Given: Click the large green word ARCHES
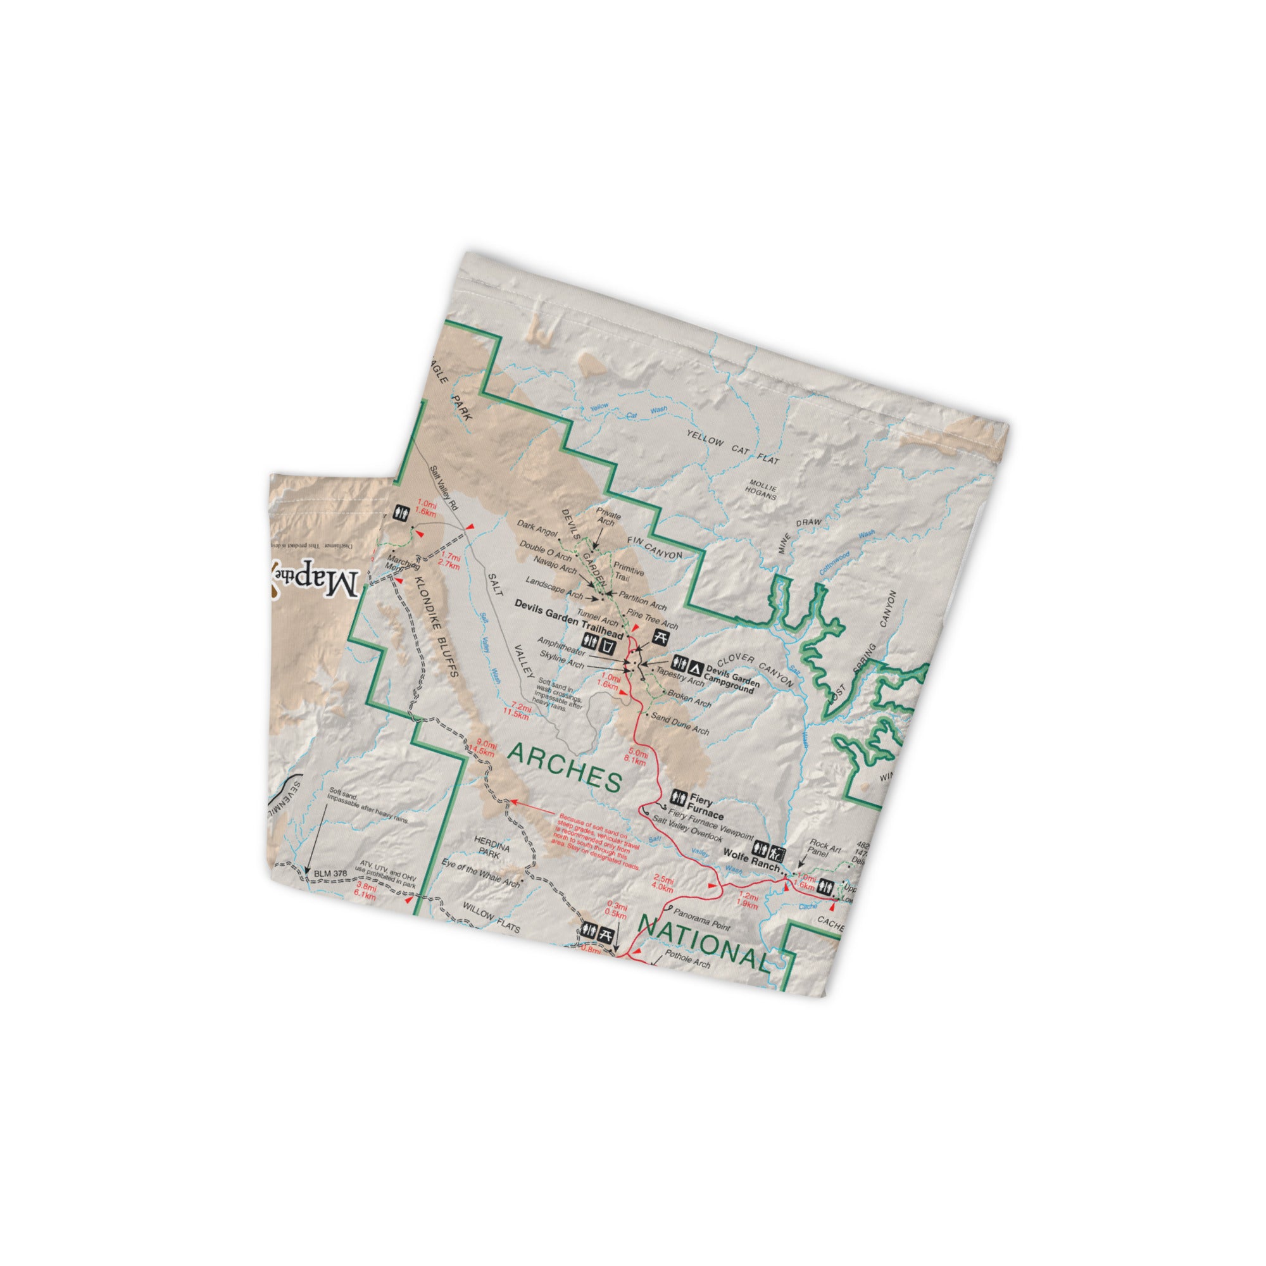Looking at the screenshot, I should coord(564,767).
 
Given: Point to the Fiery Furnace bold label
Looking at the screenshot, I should coord(705,805).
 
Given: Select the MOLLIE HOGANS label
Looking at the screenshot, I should coord(762,491).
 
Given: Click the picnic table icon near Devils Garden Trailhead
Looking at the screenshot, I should coord(663,636).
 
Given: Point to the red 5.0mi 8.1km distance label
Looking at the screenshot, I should coord(637,757).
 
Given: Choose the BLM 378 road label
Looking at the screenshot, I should coord(330,874).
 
